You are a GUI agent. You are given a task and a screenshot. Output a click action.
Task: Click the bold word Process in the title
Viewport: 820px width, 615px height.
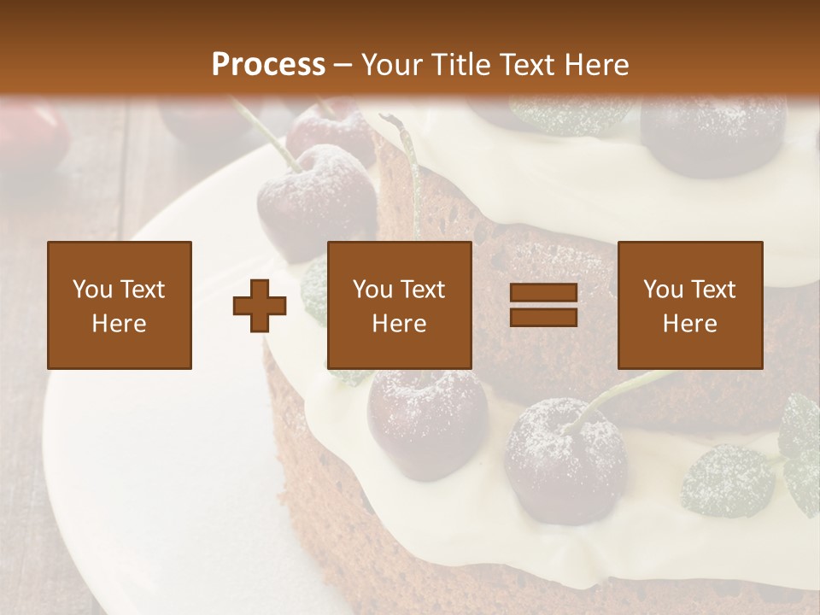268,65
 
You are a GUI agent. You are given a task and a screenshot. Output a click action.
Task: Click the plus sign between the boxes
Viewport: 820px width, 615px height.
260,306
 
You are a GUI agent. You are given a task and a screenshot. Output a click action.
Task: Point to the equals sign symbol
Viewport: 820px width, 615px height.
543,305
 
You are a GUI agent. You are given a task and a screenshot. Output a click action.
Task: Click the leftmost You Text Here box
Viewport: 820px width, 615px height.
120,305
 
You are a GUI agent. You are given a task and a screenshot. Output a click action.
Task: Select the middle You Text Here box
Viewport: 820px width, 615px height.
400,305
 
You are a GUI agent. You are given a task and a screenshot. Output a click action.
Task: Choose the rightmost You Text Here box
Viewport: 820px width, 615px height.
689,305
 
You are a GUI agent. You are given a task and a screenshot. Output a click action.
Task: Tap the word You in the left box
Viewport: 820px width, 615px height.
91,290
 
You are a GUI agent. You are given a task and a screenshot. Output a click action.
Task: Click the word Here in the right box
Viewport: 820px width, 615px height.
689,324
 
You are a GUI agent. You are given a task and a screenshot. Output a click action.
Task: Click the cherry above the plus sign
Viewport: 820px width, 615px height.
317,201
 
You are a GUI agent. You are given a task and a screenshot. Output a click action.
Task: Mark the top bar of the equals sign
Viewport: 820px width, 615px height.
543,293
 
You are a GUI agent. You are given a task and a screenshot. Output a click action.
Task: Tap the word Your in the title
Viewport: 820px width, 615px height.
393,65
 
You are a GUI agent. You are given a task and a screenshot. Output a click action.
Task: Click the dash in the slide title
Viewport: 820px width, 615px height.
343,65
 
